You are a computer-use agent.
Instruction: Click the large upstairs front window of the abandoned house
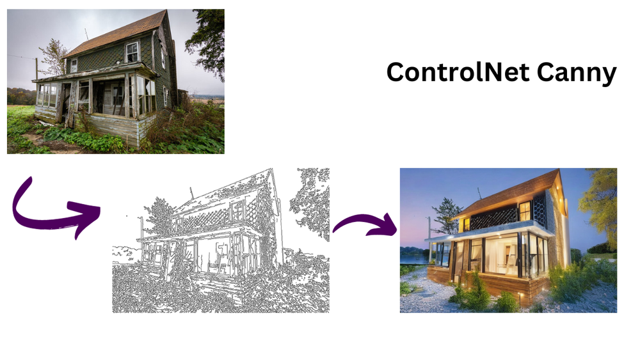tap(132, 51)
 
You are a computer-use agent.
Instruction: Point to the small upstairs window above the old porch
tap(74, 65)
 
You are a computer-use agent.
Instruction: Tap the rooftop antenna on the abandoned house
tap(86, 33)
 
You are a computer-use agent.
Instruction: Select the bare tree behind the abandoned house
tap(52, 54)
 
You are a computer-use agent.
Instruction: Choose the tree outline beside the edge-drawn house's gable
tap(310, 198)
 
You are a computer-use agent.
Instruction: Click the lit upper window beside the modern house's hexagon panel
tap(524, 210)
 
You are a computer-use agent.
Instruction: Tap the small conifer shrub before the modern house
tap(479, 291)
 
